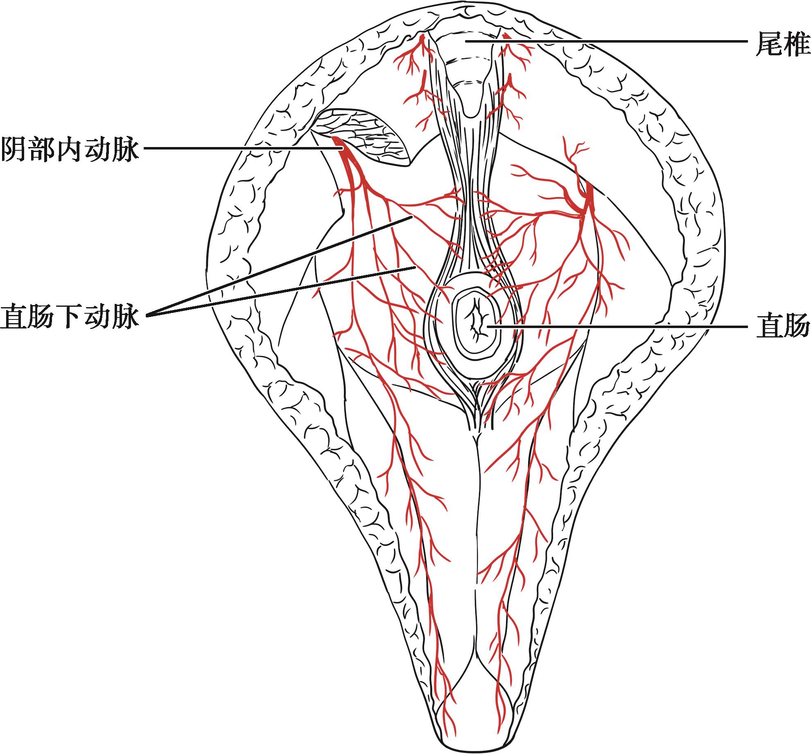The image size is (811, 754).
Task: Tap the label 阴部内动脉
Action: point(70,149)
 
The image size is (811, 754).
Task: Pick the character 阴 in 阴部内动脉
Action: point(14,149)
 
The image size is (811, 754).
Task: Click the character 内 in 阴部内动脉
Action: point(70,149)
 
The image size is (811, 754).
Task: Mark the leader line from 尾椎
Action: point(614,41)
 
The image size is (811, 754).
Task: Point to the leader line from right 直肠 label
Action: point(614,326)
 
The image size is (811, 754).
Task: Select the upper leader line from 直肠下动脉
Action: point(278,266)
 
